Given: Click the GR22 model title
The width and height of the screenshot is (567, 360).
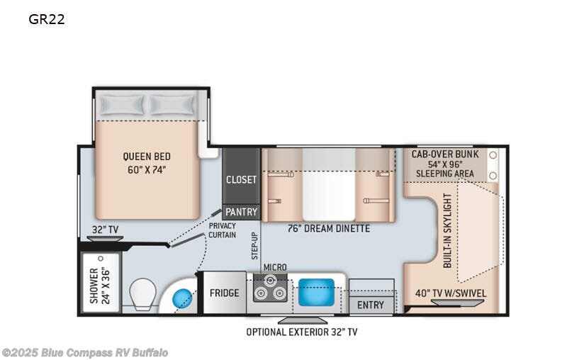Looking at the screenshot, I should (47, 19).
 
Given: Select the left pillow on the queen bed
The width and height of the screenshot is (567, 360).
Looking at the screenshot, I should (121, 105).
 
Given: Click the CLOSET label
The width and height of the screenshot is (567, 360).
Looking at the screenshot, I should (241, 179).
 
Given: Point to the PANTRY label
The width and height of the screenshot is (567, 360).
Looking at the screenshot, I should (242, 212).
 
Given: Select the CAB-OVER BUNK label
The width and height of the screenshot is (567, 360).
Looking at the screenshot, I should (445, 154).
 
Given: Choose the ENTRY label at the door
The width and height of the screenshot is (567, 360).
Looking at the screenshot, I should (370, 305).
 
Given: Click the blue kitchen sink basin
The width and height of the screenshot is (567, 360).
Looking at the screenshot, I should (316, 291).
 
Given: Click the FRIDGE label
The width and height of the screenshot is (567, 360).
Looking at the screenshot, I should (224, 293).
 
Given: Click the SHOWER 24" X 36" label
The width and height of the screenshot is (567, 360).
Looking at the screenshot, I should (99, 286).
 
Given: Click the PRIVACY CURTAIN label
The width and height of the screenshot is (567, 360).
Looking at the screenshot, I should (222, 230).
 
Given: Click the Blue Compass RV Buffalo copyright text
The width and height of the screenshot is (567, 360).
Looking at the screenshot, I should (85, 352).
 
